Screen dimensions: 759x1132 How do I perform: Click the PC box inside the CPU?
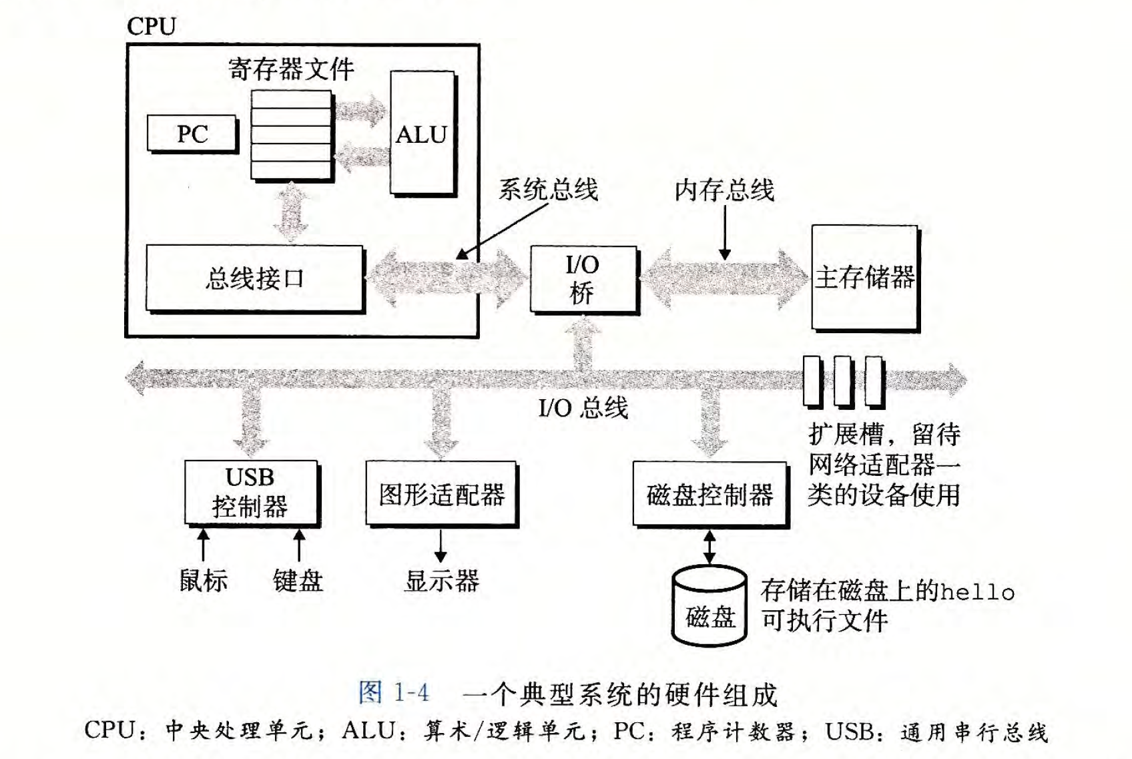click(x=192, y=134)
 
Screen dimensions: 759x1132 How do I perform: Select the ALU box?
click(x=422, y=134)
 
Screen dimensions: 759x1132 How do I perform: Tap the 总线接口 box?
click(x=254, y=278)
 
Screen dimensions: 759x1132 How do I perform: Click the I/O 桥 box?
click(x=583, y=279)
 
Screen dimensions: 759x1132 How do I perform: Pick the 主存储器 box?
click(x=864, y=277)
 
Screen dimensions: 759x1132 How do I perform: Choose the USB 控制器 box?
click(x=250, y=493)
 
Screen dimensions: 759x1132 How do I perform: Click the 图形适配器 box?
click(x=441, y=494)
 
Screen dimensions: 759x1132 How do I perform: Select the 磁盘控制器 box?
click(x=710, y=495)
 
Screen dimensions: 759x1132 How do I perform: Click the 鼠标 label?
click(x=203, y=580)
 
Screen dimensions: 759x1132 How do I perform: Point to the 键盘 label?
click(x=298, y=580)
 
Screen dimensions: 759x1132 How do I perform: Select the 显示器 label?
click(x=441, y=580)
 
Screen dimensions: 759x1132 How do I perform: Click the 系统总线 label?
click(x=547, y=190)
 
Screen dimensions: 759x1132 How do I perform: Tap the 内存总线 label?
click(x=724, y=190)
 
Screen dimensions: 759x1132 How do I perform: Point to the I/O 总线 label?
click(x=583, y=407)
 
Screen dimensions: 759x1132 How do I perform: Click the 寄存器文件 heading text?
click(x=291, y=69)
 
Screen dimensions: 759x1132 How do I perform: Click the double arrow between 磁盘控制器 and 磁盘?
click(x=710, y=547)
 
